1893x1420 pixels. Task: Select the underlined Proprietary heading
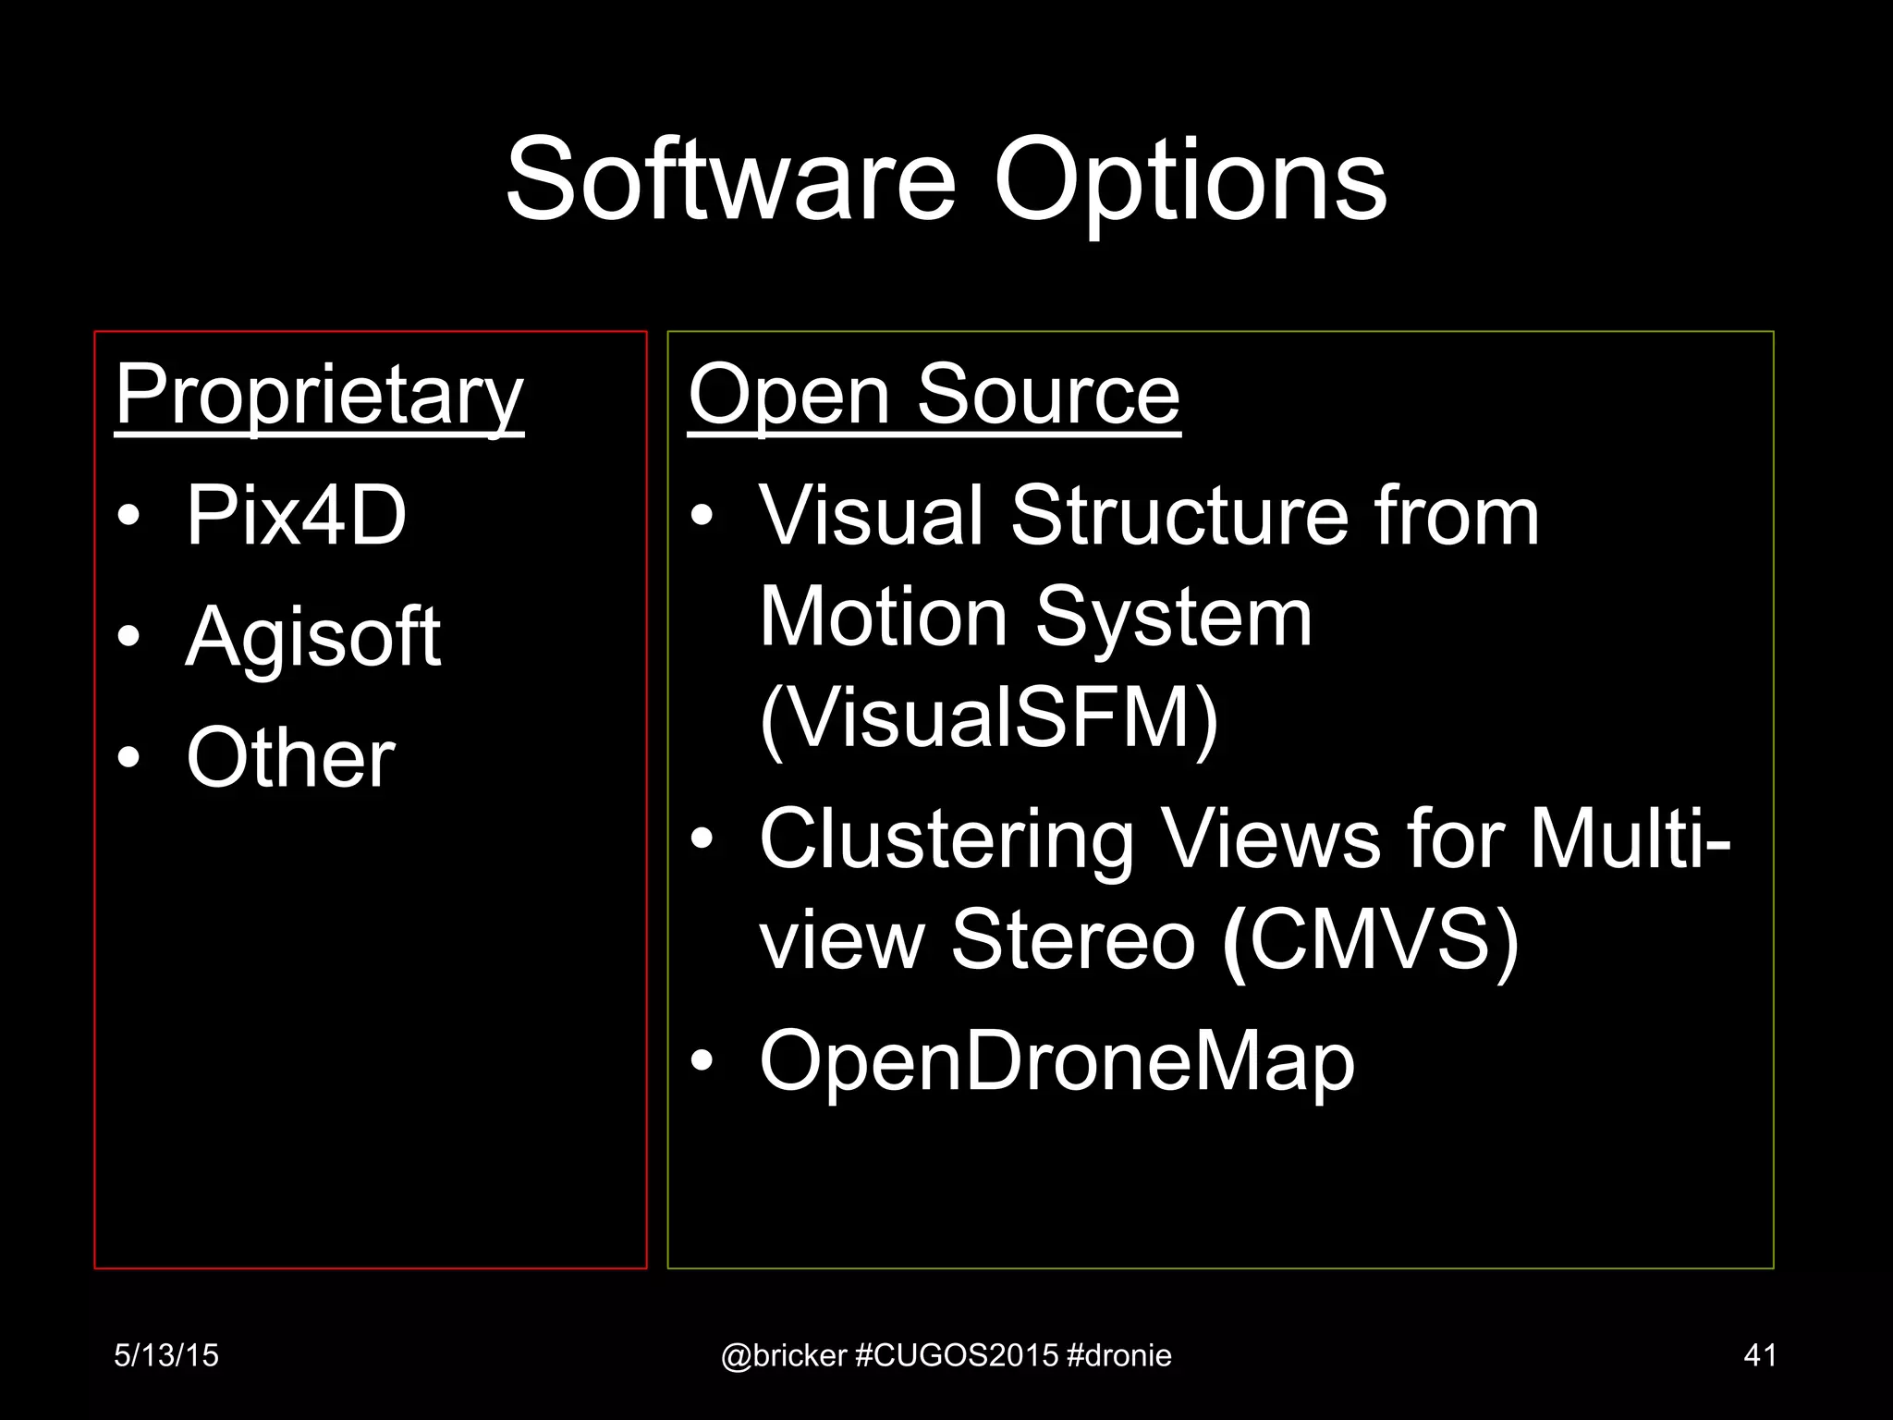point(320,395)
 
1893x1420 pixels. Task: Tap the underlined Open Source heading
point(934,395)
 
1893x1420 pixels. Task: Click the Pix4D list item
point(296,515)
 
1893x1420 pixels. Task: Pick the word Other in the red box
point(290,757)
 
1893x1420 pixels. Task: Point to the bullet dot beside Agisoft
point(129,637)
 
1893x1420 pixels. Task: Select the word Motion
point(883,617)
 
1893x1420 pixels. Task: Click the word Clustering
point(946,839)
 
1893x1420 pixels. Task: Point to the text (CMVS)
point(1370,939)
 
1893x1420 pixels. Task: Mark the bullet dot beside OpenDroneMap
point(702,1062)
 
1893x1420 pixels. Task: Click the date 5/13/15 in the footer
point(166,1355)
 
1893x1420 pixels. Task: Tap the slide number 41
point(1759,1355)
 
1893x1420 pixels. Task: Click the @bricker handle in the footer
point(784,1355)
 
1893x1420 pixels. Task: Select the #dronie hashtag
point(1118,1355)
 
